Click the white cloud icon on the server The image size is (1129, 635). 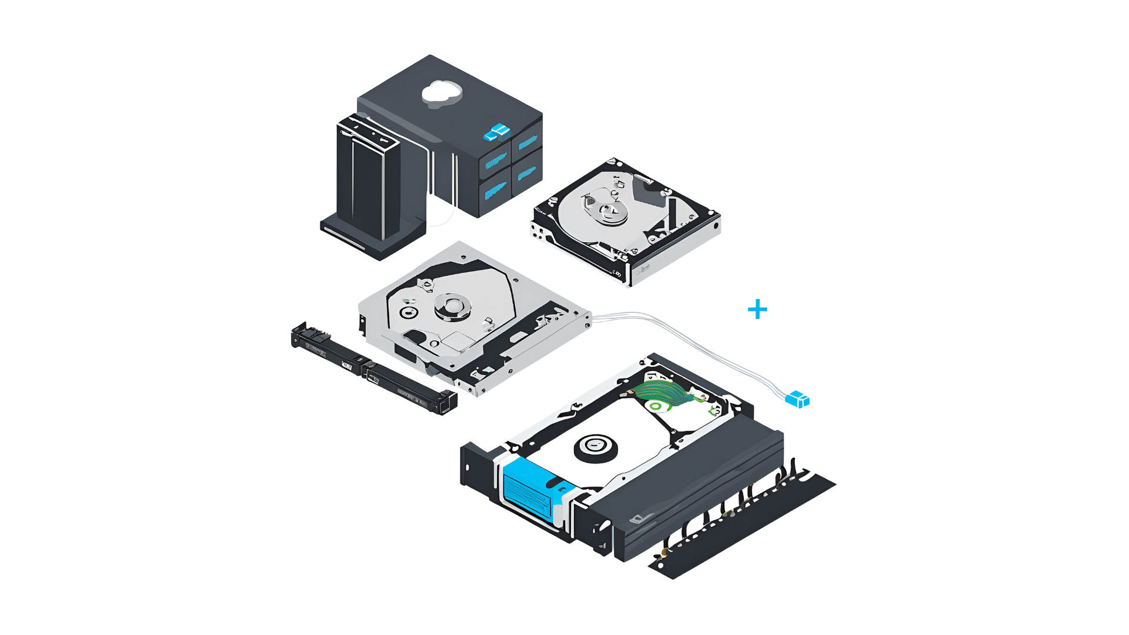[442, 93]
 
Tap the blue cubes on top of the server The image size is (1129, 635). [497, 133]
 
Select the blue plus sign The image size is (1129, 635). [757, 309]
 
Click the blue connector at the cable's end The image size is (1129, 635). [798, 399]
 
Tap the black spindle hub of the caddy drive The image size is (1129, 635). [596, 448]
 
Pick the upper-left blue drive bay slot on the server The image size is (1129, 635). [495, 161]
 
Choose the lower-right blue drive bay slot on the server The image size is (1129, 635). [526, 173]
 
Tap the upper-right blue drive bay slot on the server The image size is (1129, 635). [527, 142]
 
